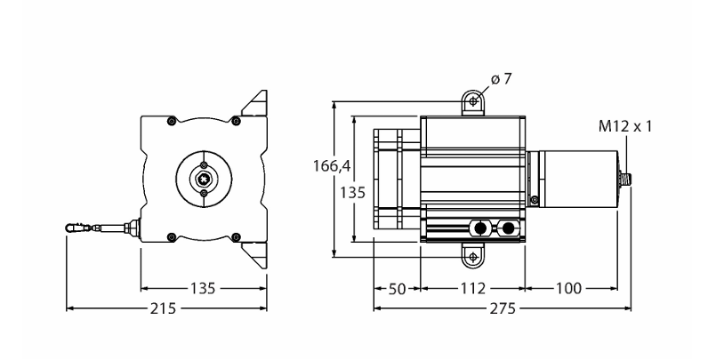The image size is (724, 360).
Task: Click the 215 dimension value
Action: coord(163,308)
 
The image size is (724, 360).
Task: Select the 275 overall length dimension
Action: coord(503,308)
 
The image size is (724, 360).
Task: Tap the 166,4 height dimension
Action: coord(332,165)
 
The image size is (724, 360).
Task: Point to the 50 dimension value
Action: coord(396,289)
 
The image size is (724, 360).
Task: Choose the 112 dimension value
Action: coord(473,289)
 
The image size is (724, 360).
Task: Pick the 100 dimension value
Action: coord(569,289)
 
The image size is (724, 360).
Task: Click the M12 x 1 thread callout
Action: coord(625,126)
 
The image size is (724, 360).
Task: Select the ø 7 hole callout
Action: coord(502,79)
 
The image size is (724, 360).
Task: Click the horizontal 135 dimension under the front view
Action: coord(203,289)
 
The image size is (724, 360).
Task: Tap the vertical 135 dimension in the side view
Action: coord(353,192)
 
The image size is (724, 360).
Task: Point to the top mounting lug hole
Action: coord(472,100)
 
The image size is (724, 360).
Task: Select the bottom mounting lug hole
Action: coord(472,257)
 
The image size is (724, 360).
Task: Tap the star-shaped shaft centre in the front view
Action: coord(204,179)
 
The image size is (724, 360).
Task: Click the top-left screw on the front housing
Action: coord(172,121)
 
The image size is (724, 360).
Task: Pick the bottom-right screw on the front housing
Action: coord(236,236)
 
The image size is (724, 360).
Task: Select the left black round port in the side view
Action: coord(479,228)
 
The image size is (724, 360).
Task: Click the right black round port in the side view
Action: coord(508,228)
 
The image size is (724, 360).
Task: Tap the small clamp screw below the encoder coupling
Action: coord(535,200)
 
